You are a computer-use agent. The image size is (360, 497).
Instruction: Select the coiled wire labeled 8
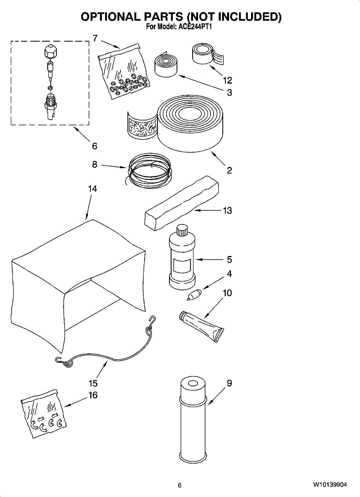pyautogui.click(x=149, y=170)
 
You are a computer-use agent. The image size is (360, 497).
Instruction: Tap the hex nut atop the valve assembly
pyautogui.click(x=50, y=52)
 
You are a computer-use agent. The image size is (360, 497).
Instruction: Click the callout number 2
pyautogui.click(x=229, y=170)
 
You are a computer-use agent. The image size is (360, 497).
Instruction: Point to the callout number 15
pyautogui.click(x=93, y=383)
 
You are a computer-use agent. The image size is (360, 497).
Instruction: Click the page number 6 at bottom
pyautogui.click(x=180, y=485)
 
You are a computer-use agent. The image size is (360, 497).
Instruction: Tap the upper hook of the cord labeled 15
pyautogui.click(x=152, y=319)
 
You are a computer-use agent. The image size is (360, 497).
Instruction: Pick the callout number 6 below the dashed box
pyautogui.click(x=94, y=146)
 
